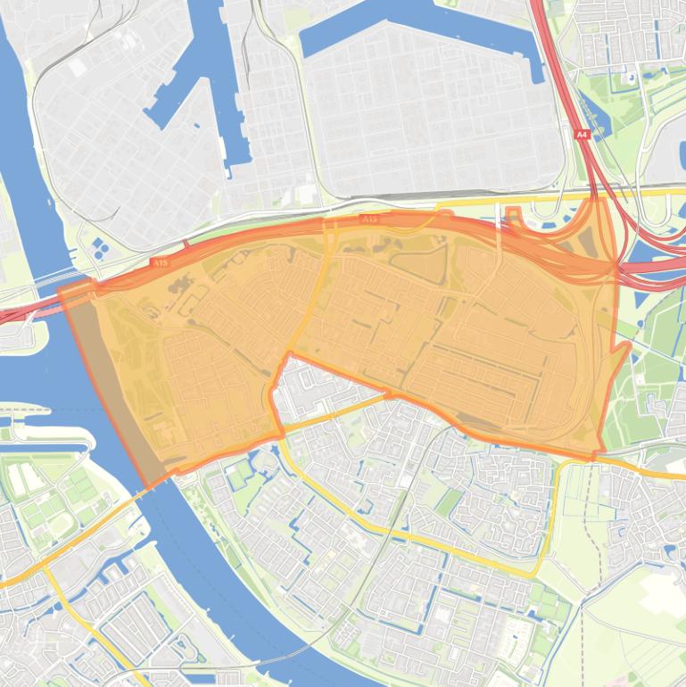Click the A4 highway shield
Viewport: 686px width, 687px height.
(583, 135)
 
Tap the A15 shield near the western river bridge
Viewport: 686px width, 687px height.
(160, 262)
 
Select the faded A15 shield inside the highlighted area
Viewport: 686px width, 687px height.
(369, 219)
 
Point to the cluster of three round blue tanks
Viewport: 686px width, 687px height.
(97, 247)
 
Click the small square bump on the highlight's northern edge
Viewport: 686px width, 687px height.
(513, 213)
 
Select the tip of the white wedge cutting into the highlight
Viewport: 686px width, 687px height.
(287, 357)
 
